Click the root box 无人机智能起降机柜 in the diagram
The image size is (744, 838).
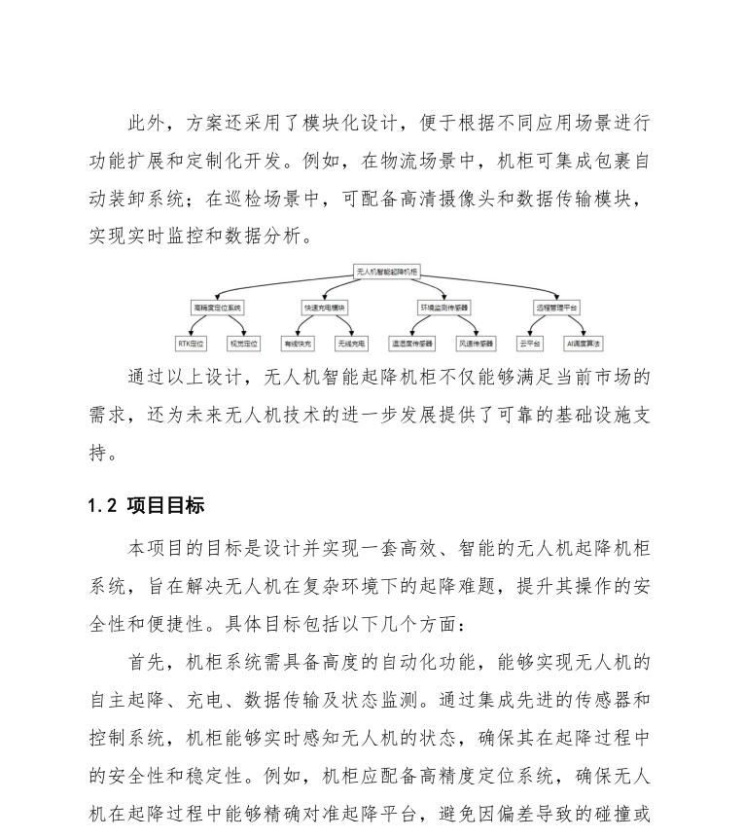tap(387, 273)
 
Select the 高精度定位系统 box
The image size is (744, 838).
tap(217, 308)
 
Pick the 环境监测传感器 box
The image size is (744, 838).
tap(444, 308)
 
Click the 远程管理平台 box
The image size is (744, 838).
tap(557, 308)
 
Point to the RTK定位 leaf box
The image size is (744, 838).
tap(191, 344)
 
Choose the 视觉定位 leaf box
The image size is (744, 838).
tap(243, 344)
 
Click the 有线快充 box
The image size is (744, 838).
tap(298, 344)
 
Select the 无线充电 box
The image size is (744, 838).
tap(351, 344)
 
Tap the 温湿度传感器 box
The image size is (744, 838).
tap(412, 344)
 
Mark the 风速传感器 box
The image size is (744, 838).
tap(476, 344)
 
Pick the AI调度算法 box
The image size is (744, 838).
tap(584, 344)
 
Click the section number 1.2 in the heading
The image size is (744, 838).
tap(101, 506)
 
